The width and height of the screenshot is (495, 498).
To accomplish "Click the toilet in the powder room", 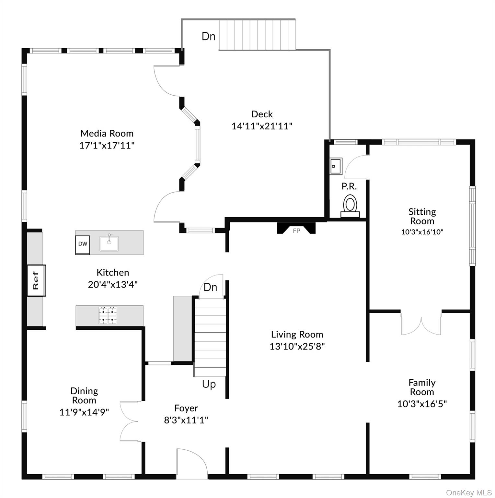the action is click(x=350, y=206).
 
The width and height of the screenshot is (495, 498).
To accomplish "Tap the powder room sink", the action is click(x=336, y=166).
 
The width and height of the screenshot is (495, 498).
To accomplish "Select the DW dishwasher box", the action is click(x=83, y=244).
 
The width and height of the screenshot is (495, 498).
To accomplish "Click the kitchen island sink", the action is click(x=109, y=243).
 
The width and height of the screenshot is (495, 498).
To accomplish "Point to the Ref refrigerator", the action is click(x=36, y=280).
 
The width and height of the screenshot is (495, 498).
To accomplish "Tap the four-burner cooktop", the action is click(x=108, y=315).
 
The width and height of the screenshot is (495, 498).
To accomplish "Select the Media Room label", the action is click(x=107, y=133).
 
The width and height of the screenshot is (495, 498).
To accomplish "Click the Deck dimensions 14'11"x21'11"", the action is click(x=262, y=126).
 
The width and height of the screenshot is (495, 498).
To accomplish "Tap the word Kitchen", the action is click(x=113, y=272).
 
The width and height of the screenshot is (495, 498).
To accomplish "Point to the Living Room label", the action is click(x=297, y=334).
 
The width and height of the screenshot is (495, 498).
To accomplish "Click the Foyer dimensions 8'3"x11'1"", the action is click(x=186, y=420).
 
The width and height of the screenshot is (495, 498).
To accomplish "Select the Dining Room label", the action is click(x=84, y=396).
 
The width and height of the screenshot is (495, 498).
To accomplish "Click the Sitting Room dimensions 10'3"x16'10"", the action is click(x=422, y=232).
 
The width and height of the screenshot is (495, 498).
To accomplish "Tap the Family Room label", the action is click(x=422, y=387).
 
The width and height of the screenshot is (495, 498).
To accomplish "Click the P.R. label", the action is click(x=349, y=186).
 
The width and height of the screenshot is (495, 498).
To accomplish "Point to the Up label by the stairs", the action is click(x=209, y=384).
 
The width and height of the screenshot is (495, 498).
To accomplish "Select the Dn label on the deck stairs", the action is click(x=209, y=36).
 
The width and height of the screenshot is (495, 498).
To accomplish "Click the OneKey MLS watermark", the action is click(x=469, y=492).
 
